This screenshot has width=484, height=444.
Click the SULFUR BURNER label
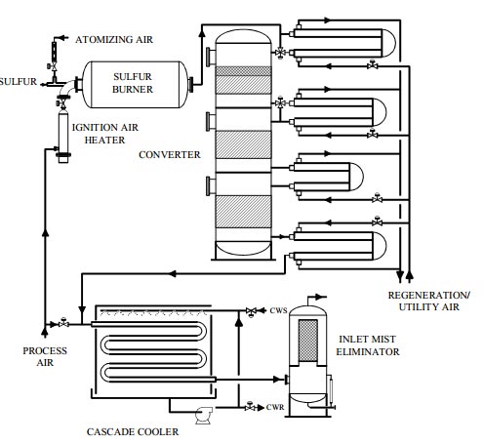click(x=133, y=83)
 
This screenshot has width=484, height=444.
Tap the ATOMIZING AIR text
click(x=114, y=40)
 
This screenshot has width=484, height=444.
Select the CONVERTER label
click(x=170, y=155)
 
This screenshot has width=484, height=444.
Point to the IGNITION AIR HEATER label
click(x=104, y=134)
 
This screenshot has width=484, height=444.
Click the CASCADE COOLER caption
click(x=133, y=432)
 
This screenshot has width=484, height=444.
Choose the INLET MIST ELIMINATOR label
click(x=368, y=345)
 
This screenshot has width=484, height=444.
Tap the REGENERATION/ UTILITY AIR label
click(x=428, y=302)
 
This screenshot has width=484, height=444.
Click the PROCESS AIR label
click(x=45, y=356)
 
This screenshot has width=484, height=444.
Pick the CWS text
click(x=278, y=310)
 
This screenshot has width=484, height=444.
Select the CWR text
click(x=275, y=407)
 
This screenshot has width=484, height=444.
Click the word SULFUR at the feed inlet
click(x=19, y=81)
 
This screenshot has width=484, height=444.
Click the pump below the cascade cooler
click(x=204, y=416)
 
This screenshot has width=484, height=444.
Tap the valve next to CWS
click(x=251, y=311)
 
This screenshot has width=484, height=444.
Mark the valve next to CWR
click(x=250, y=407)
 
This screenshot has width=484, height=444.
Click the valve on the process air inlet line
click(x=63, y=323)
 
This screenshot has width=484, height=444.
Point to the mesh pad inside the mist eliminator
click(x=308, y=341)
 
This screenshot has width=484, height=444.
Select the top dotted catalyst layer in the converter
click(x=243, y=71)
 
